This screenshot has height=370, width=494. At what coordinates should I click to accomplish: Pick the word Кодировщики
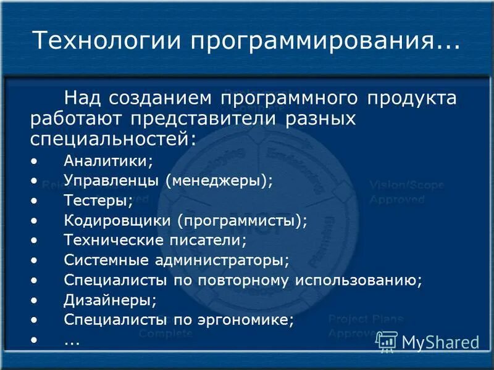tap(117, 220)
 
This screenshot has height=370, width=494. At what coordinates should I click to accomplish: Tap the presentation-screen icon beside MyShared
tap(387, 341)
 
